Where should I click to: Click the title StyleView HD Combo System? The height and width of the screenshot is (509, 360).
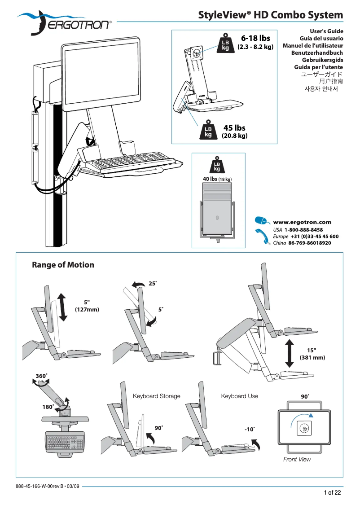point(271,15)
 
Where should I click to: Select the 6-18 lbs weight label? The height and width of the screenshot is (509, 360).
point(255,38)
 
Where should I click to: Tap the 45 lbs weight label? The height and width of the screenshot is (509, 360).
point(234,128)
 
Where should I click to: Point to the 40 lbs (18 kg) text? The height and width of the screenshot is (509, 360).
point(217,179)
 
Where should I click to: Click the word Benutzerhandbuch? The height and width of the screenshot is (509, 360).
point(317,53)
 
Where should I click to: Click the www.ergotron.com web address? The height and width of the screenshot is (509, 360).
point(302,222)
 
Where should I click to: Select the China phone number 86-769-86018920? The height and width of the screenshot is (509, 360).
point(309,243)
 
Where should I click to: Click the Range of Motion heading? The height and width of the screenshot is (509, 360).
point(63,265)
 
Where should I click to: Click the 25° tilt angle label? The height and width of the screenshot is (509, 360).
point(153,284)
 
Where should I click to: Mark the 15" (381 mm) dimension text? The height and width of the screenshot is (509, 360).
point(312,354)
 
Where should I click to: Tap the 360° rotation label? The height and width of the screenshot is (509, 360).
point(41,375)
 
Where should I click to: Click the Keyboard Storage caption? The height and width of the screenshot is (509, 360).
point(157,396)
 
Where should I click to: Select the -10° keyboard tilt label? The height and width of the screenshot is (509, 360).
point(250,429)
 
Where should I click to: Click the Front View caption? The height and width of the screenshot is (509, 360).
point(297,459)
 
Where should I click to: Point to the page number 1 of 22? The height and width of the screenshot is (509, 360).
point(333,493)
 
